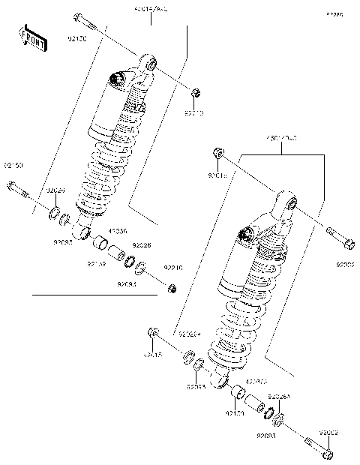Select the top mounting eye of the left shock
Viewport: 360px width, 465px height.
pyautogui.click(x=150, y=64)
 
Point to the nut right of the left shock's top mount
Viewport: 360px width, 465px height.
pyautogui.click(x=194, y=92)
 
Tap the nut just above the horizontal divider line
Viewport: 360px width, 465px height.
pyautogui.click(x=172, y=288)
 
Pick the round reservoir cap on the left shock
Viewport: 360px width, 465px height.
pyautogui.click(x=116, y=77)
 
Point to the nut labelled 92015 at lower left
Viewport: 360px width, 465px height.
pyautogui.click(x=152, y=332)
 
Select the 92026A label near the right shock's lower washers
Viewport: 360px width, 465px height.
pyautogui.click(x=278, y=395)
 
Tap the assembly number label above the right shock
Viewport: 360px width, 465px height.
pyautogui.click(x=282, y=138)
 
